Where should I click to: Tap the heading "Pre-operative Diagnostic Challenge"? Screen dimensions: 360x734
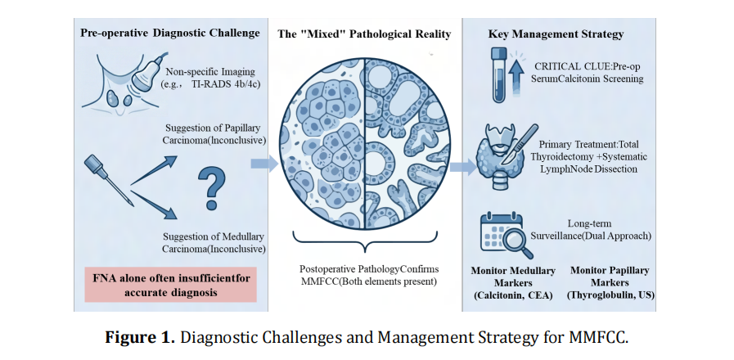(x=170, y=34)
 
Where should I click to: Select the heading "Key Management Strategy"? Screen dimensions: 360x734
(x=556, y=34)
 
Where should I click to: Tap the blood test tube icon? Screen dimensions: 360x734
(x=498, y=74)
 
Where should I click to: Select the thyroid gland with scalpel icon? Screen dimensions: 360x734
(x=504, y=151)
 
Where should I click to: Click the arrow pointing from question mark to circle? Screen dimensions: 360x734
(x=263, y=164)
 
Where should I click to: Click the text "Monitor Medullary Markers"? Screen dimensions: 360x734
(x=513, y=276)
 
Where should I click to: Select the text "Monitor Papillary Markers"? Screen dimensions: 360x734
(x=610, y=276)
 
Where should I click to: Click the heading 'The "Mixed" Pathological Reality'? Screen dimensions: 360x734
(x=364, y=34)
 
